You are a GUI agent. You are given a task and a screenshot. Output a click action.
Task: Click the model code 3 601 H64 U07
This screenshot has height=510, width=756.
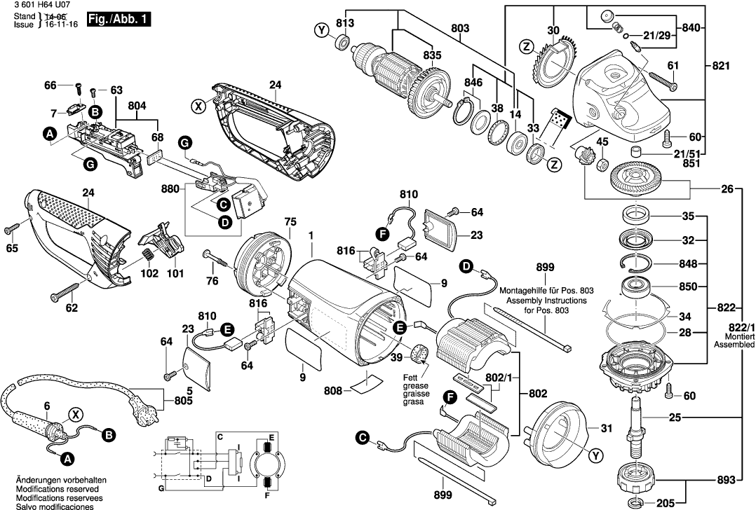(39, 5)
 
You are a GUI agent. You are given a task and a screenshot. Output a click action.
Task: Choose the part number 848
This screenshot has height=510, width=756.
(688, 265)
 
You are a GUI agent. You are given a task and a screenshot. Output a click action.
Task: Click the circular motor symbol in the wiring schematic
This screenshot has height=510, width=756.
(266, 463)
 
